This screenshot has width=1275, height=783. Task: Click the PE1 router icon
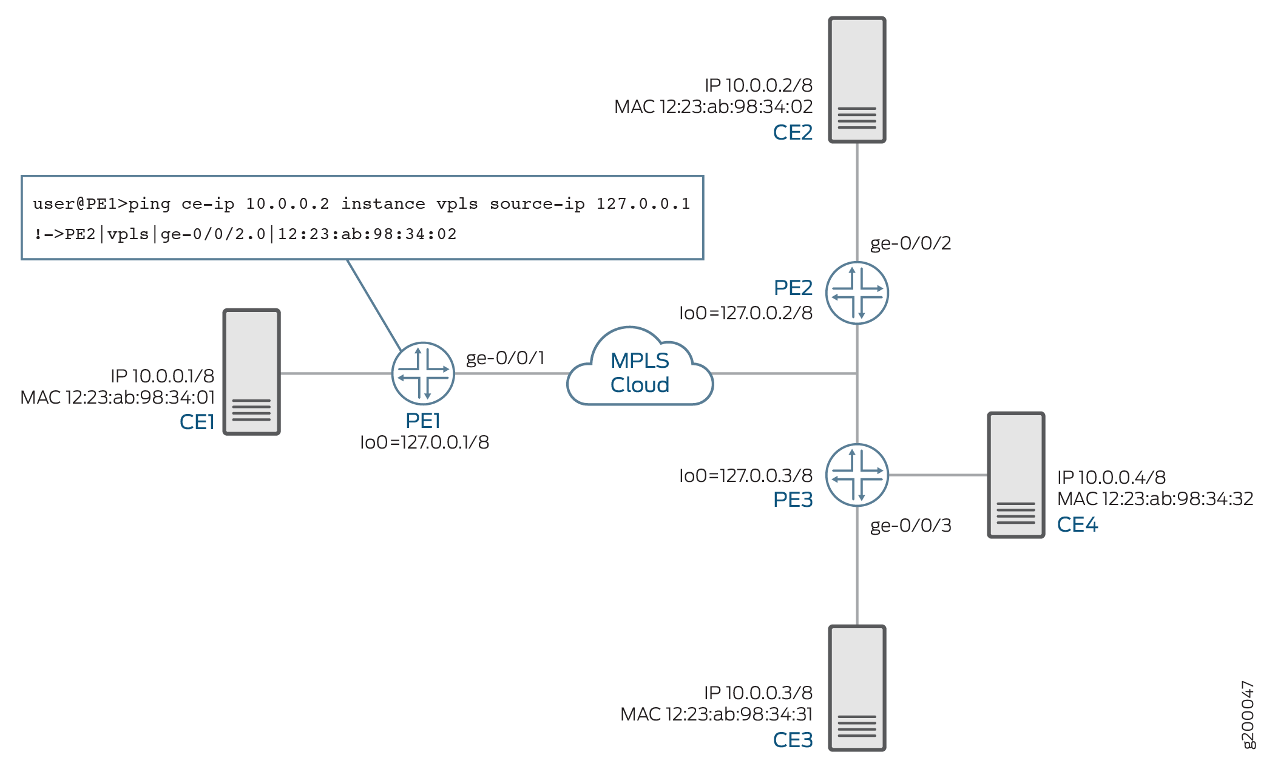423,373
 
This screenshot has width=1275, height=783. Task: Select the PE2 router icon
857,293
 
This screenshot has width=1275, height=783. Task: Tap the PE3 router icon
857,475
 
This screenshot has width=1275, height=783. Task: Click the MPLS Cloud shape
640,372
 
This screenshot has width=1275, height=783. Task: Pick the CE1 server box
251,372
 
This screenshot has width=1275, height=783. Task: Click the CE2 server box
857,80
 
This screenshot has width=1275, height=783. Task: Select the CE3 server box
857,688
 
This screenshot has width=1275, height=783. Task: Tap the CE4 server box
1016,475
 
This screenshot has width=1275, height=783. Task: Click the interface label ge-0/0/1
505,358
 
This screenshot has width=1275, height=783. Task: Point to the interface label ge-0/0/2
910,243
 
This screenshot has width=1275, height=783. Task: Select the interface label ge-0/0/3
910,526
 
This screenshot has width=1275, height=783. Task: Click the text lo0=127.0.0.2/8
745,313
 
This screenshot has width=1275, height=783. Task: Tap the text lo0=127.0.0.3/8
745,476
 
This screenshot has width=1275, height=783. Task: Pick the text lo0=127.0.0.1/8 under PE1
424,442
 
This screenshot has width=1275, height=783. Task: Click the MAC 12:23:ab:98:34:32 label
1155,499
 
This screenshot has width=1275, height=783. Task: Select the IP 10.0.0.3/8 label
758,693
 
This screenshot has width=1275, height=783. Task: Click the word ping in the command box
149,204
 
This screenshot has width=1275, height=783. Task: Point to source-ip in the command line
537,204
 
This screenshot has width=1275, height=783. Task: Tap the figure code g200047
1248,714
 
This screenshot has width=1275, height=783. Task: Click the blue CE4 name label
1077,524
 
